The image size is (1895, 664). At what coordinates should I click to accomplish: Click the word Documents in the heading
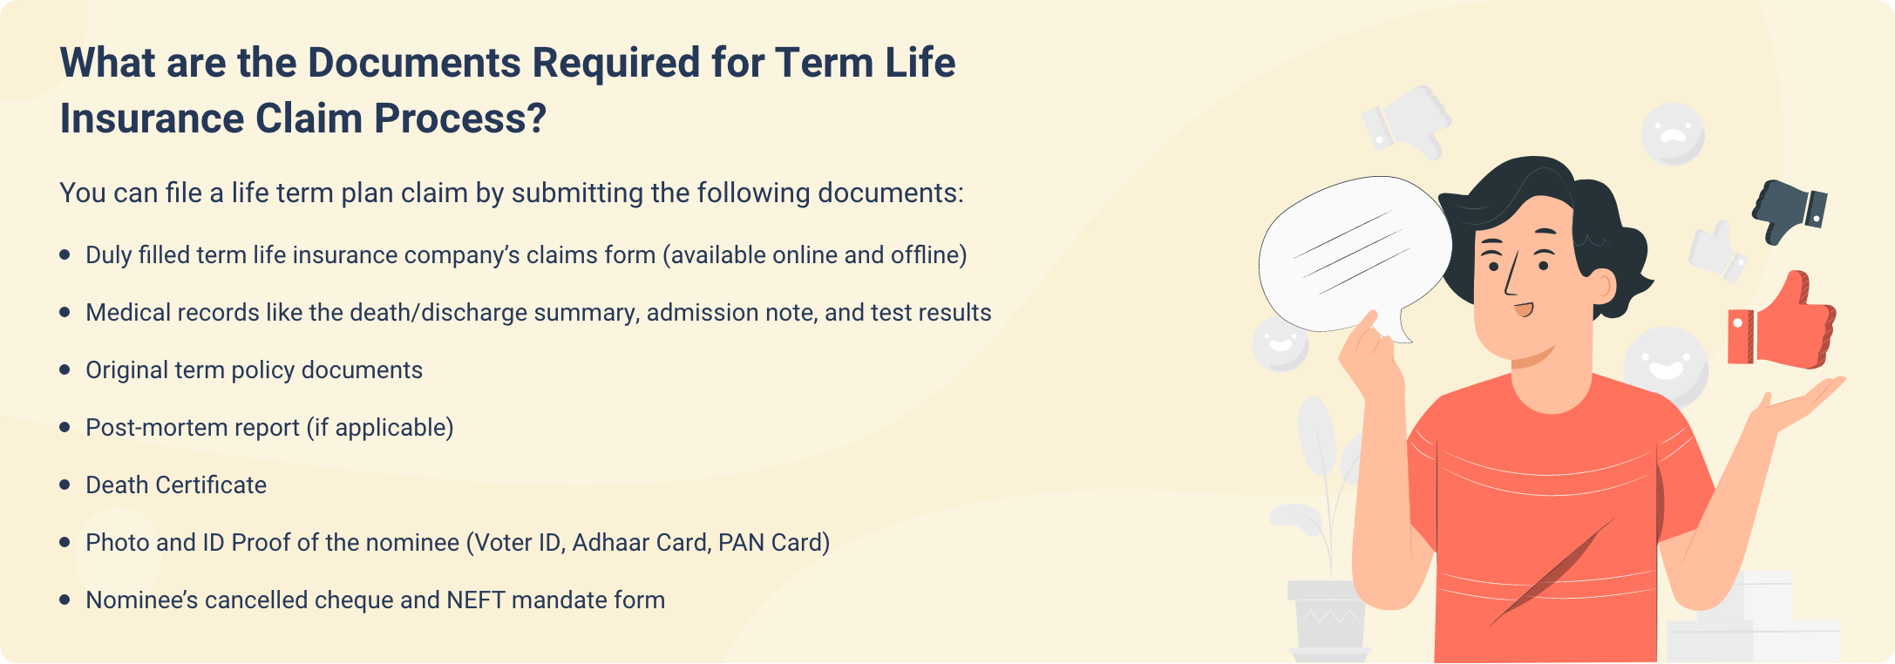[x=416, y=64]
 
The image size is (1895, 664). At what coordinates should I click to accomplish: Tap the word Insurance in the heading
[x=152, y=119]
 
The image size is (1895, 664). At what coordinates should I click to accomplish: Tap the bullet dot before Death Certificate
[x=65, y=484]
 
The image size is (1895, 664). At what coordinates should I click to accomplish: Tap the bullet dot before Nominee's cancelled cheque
[x=65, y=600]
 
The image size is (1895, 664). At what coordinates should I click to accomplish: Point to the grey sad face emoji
[x=1673, y=134]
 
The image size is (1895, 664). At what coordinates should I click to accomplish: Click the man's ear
[x=1600, y=283]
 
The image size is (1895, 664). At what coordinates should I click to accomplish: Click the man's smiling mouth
[x=1523, y=309]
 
